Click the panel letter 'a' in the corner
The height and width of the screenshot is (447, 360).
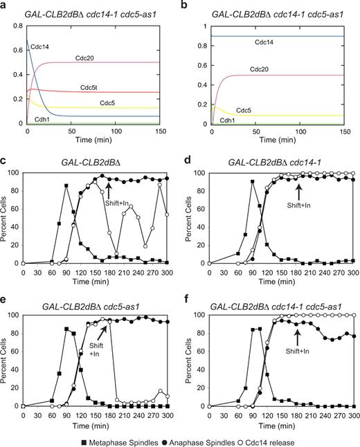[x=6, y=6]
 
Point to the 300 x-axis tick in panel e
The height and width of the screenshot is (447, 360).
[x=168, y=414]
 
